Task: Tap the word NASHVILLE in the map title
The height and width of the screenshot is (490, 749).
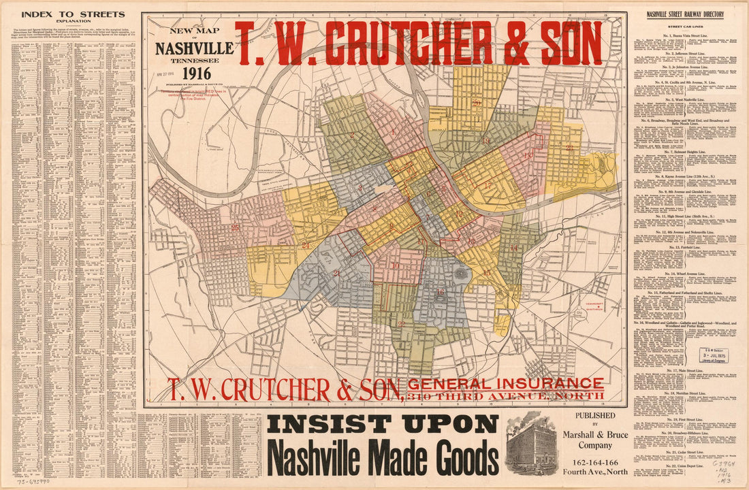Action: click(x=194, y=49)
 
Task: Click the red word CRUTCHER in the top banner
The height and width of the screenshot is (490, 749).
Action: click(x=407, y=43)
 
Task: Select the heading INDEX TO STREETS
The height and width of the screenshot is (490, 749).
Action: click(x=73, y=14)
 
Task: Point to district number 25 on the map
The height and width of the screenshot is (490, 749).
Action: click(x=235, y=227)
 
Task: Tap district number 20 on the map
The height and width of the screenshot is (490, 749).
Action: click(x=477, y=103)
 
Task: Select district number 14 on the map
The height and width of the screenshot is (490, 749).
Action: click(x=513, y=248)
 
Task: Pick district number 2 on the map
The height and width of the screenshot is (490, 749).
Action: click(x=336, y=273)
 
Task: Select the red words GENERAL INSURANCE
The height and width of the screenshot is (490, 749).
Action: click(x=505, y=384)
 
